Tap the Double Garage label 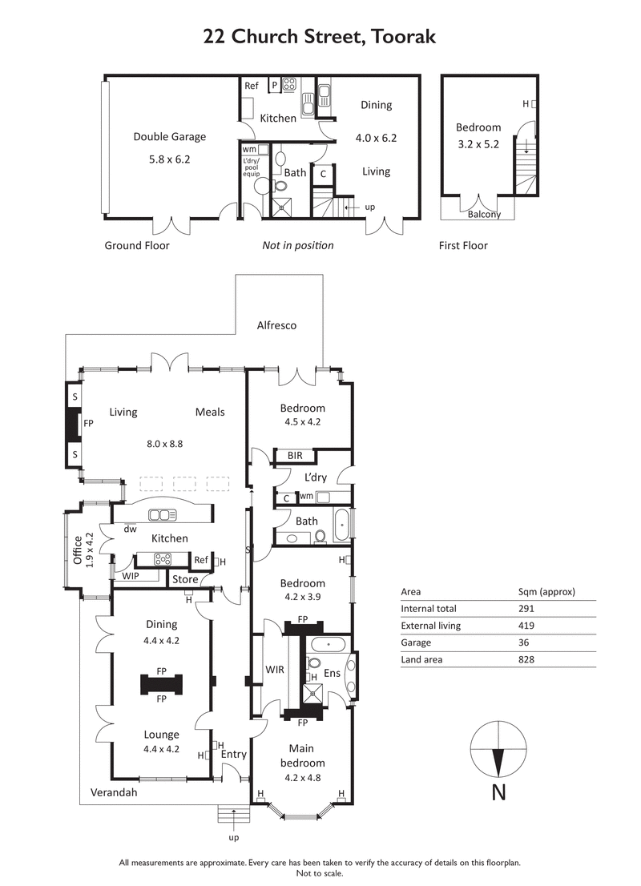(x=169, y=137)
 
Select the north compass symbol (x=498, y=750)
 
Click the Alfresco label (x=276, y=325)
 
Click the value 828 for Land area (x=526, y=659)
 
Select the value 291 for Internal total (x=526, y=609)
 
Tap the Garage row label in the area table (x=416, y=642)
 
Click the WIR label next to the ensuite (x=275, y=670)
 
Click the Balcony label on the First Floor (x=484, y=214)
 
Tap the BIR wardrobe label (x=295, y=456)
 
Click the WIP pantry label (x=130, y=576)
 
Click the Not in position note (x=297, y=246)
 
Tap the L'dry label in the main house (x=314, y=477)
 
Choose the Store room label (x=185, y=579)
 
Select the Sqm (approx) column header (x=546, y=592)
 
